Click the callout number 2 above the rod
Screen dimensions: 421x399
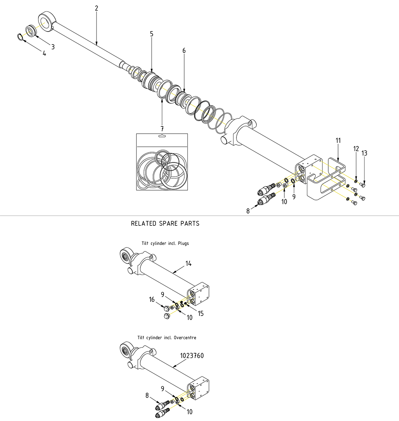[96, 8]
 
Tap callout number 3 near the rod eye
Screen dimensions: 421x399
[53, 47]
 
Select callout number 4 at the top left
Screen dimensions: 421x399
[44, 54]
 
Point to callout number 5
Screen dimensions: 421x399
[152, 34]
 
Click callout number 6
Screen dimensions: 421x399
[184, 51]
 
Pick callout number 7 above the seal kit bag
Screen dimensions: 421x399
[162, 129]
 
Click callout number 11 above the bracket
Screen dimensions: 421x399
[338, 141]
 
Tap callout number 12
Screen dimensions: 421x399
[356, 149]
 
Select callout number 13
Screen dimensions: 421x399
[364, 153]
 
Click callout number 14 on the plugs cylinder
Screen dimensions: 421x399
[189, 263]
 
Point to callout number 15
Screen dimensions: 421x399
[201, 313]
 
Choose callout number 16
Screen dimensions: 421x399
[152, 299]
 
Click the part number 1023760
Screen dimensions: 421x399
[192, 356]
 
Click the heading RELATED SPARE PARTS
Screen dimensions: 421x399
[165, 224]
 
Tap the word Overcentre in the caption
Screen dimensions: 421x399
[185, 338]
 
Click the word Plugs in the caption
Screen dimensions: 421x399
[183, 243]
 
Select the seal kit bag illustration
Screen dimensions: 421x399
[162, 162]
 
